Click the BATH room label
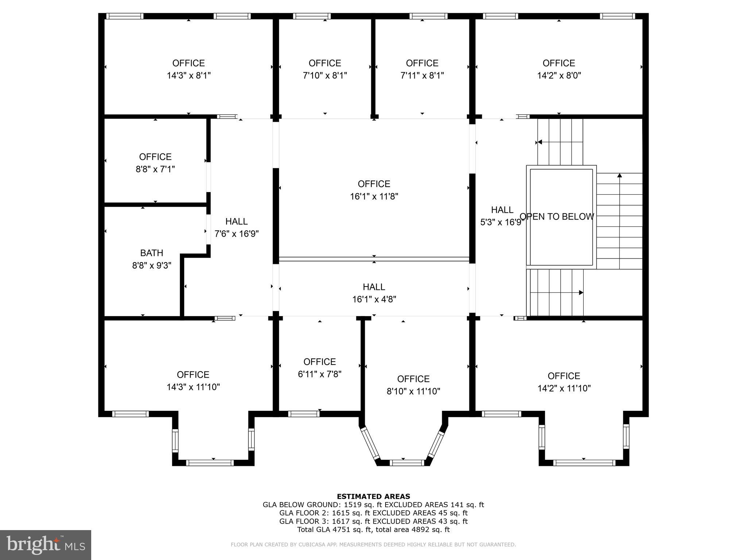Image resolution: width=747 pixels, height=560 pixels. point(151,253)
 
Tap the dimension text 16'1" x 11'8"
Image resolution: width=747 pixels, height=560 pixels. point(374,197)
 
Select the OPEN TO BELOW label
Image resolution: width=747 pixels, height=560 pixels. point(557,217)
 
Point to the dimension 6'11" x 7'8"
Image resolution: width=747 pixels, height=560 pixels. point(320,374)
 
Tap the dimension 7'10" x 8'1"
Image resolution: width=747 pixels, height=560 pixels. point(325,75)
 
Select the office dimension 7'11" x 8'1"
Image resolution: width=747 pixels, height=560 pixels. point(422,75)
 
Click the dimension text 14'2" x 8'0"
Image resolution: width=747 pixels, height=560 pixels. point(559,75)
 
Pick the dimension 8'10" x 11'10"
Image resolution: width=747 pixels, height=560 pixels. point(413,391)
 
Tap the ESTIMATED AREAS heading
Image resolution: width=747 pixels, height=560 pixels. point(373,496)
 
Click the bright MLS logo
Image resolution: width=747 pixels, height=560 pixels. point(46,545)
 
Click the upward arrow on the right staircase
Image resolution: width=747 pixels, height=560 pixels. point(619,176)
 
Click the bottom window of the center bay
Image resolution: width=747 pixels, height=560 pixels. point(407,463)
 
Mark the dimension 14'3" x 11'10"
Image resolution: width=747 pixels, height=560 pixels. point(193,387)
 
